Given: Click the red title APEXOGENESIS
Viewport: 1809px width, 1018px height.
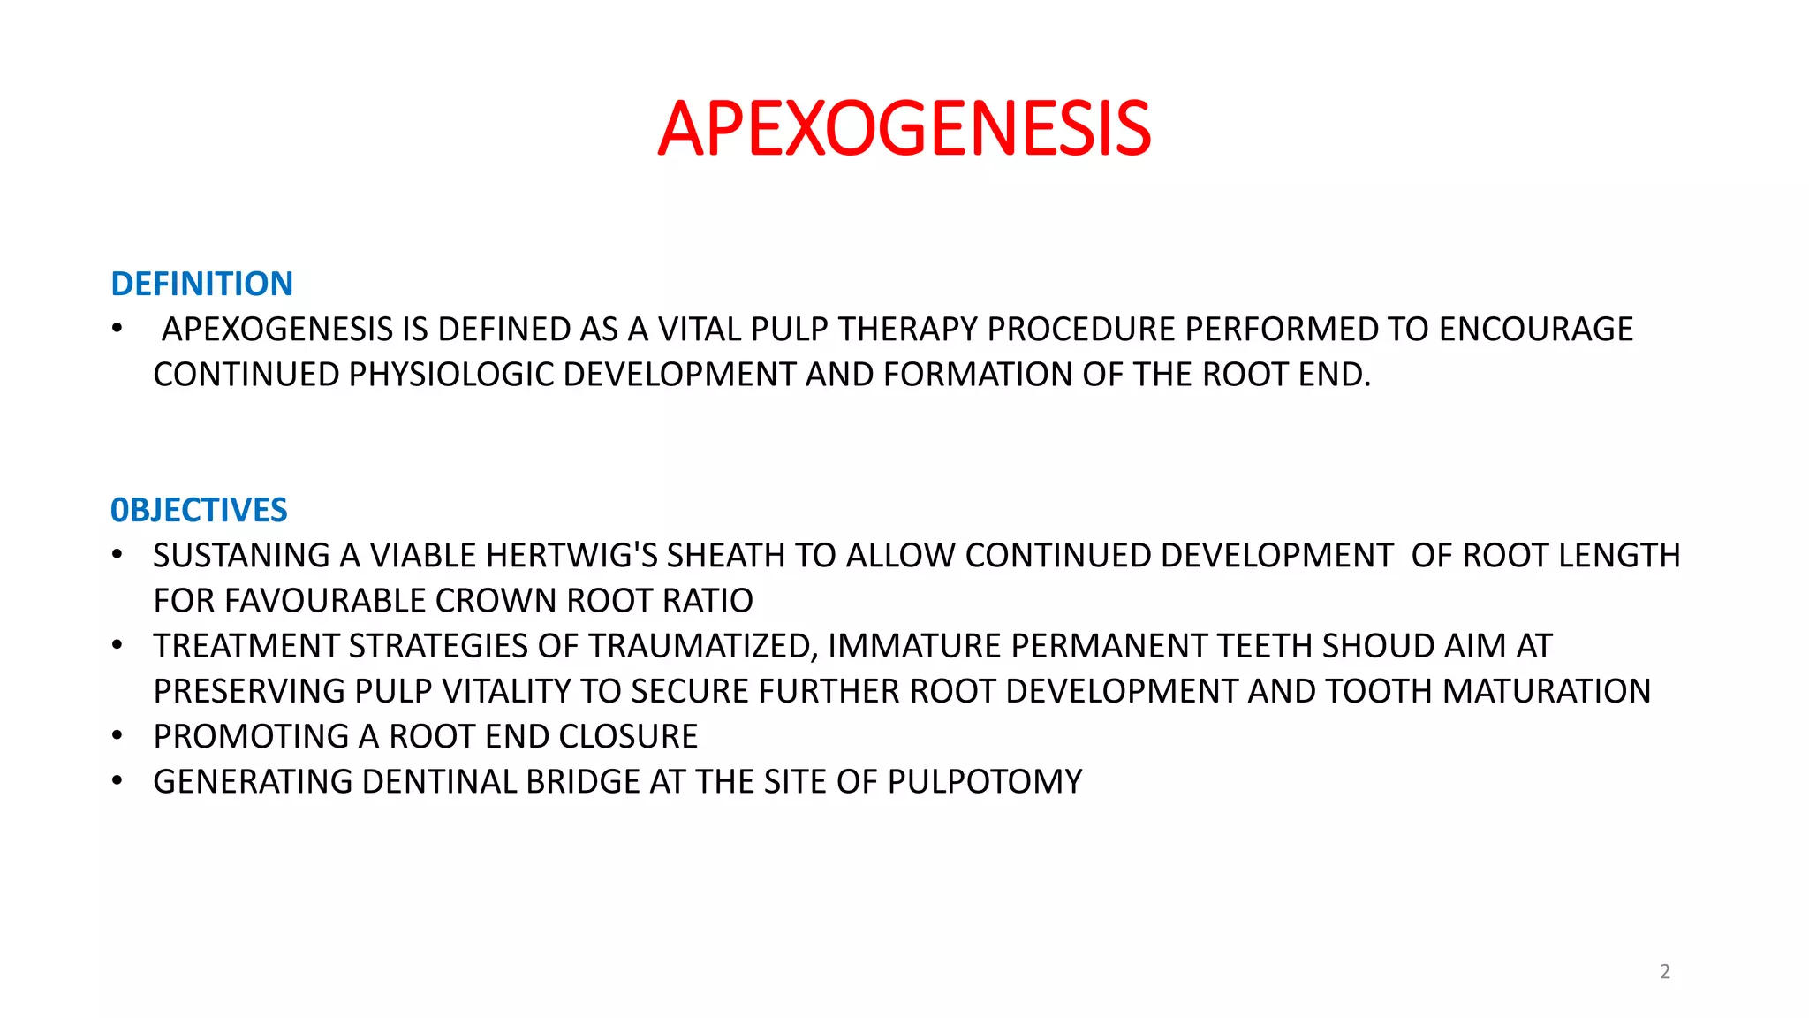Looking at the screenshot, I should (x=904, y=129).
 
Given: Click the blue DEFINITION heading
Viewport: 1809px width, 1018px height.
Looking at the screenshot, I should (x=201, y=284).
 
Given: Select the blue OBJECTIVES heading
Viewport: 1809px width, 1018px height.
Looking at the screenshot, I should (x=199, y=510).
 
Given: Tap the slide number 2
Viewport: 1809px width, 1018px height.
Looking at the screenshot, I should (x=1664, y=971).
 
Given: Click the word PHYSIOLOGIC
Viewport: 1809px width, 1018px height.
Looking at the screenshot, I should (x=451, y=375).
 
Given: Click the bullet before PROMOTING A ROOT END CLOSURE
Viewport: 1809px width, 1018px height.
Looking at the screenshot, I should (x=117, y=735).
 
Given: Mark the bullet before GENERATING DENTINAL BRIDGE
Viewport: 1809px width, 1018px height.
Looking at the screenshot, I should (x=117, y=780).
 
